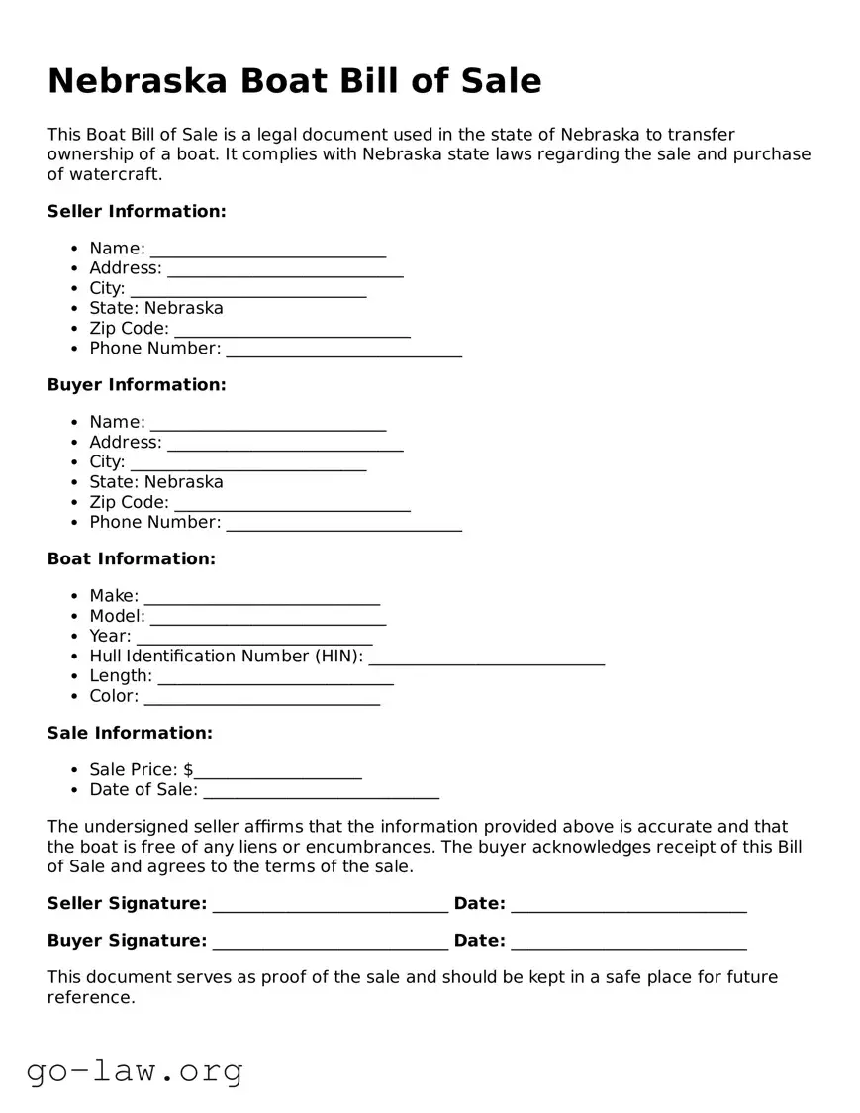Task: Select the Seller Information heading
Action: pos(137,211)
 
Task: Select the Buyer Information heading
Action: pos(137,384)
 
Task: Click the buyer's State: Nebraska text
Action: pos(155,482)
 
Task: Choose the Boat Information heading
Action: pos(131,558)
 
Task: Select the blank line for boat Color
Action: pos(261,699)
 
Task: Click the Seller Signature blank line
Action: pos(330,907)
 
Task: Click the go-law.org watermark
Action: pos(135,1070)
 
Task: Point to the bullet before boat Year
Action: pos(76,636)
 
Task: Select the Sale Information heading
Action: pos(130,733)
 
